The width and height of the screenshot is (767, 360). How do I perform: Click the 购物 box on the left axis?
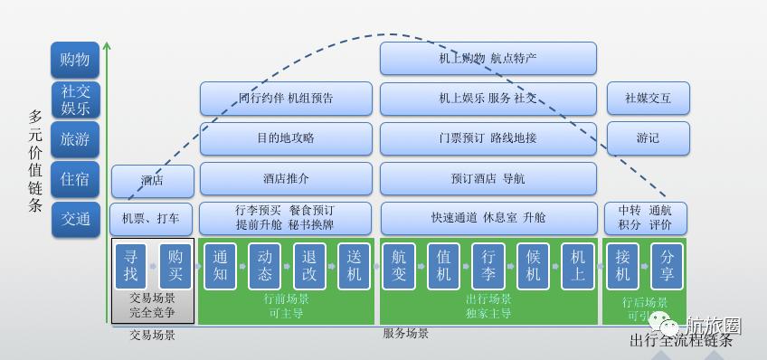coord(74,60)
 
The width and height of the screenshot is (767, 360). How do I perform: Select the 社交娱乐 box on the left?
coord(74,99)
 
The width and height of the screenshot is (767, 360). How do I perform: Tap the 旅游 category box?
coord(74,139)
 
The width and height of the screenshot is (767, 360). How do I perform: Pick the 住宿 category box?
coord(74,179)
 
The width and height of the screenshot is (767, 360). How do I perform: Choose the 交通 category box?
coord(74,219)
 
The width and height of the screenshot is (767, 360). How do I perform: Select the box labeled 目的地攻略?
coord(286,138)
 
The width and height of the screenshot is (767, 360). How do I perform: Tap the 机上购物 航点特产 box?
coord(488,58)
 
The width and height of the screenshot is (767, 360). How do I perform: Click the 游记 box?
coord(647,138)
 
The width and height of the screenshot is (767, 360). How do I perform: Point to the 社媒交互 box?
coord(647,99)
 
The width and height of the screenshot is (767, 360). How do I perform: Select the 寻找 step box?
coord(132,264)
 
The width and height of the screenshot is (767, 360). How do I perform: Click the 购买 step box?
coord(175,264)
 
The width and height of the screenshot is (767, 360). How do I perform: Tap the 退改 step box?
coord(309,264)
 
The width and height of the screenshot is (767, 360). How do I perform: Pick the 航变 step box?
coord(400,264)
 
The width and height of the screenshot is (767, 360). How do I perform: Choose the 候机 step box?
coord(533,264)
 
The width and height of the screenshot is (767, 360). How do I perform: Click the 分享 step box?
coord(667,264)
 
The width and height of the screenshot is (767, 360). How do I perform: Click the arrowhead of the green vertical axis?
coord(107,44)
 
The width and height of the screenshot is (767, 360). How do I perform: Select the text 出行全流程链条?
coord(680,340)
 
